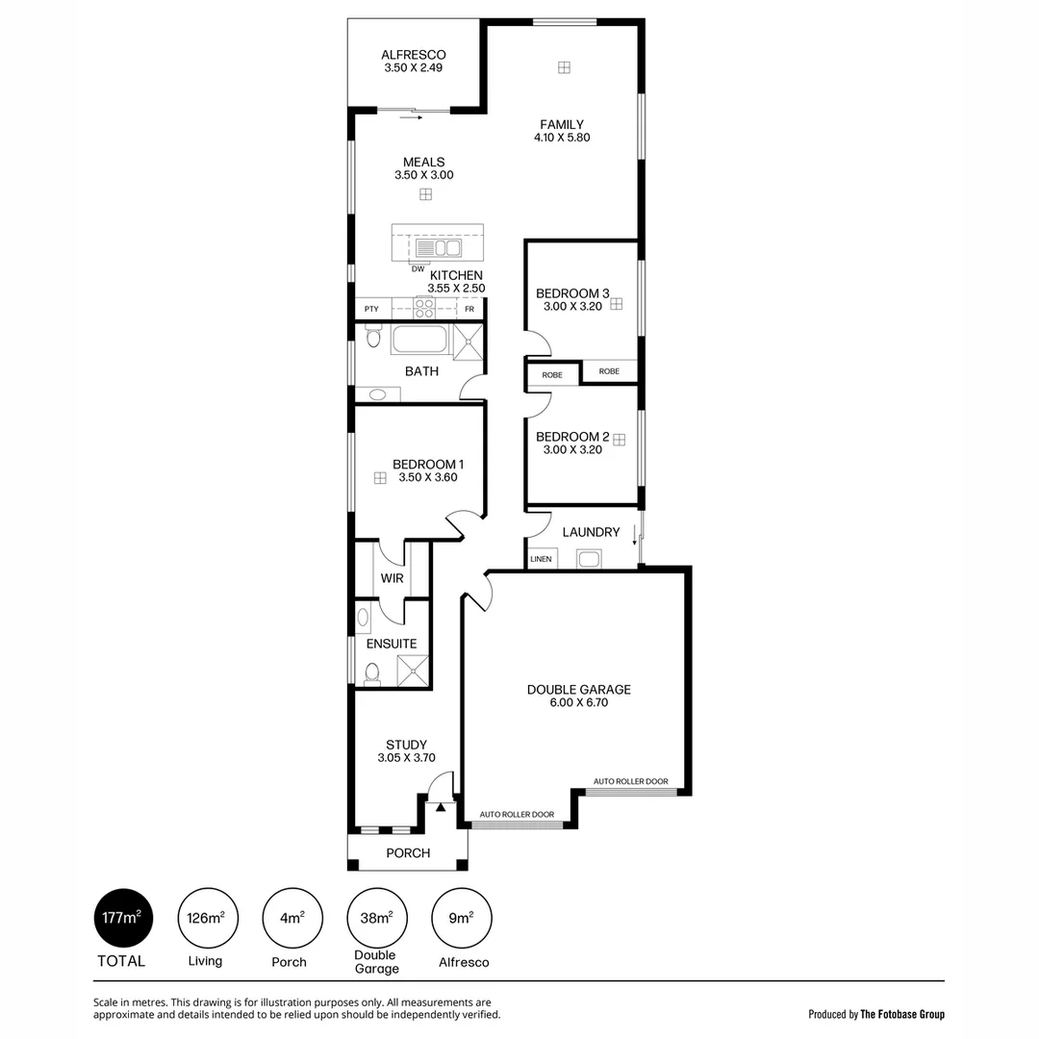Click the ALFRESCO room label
tap(413, 55)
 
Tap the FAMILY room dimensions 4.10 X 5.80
tap(561, 138)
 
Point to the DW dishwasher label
tap(418, 268)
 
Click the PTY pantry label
tap(371, 309)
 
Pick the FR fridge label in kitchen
tap(469, 309)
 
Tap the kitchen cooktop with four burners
tap(424, 307)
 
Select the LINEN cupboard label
tap(541, 559)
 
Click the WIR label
tap(392, 578)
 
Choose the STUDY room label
tap(406, 744)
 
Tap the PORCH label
tap(408, 853)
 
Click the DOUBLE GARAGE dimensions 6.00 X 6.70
tap(578, 702)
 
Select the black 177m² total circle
tap(122, 917)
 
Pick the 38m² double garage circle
tap(375, 917)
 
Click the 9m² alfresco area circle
tap(461, 917)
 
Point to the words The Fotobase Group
tap(902, 1014)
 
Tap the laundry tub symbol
tap(588, 559)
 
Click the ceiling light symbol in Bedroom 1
tap(380, 477)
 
